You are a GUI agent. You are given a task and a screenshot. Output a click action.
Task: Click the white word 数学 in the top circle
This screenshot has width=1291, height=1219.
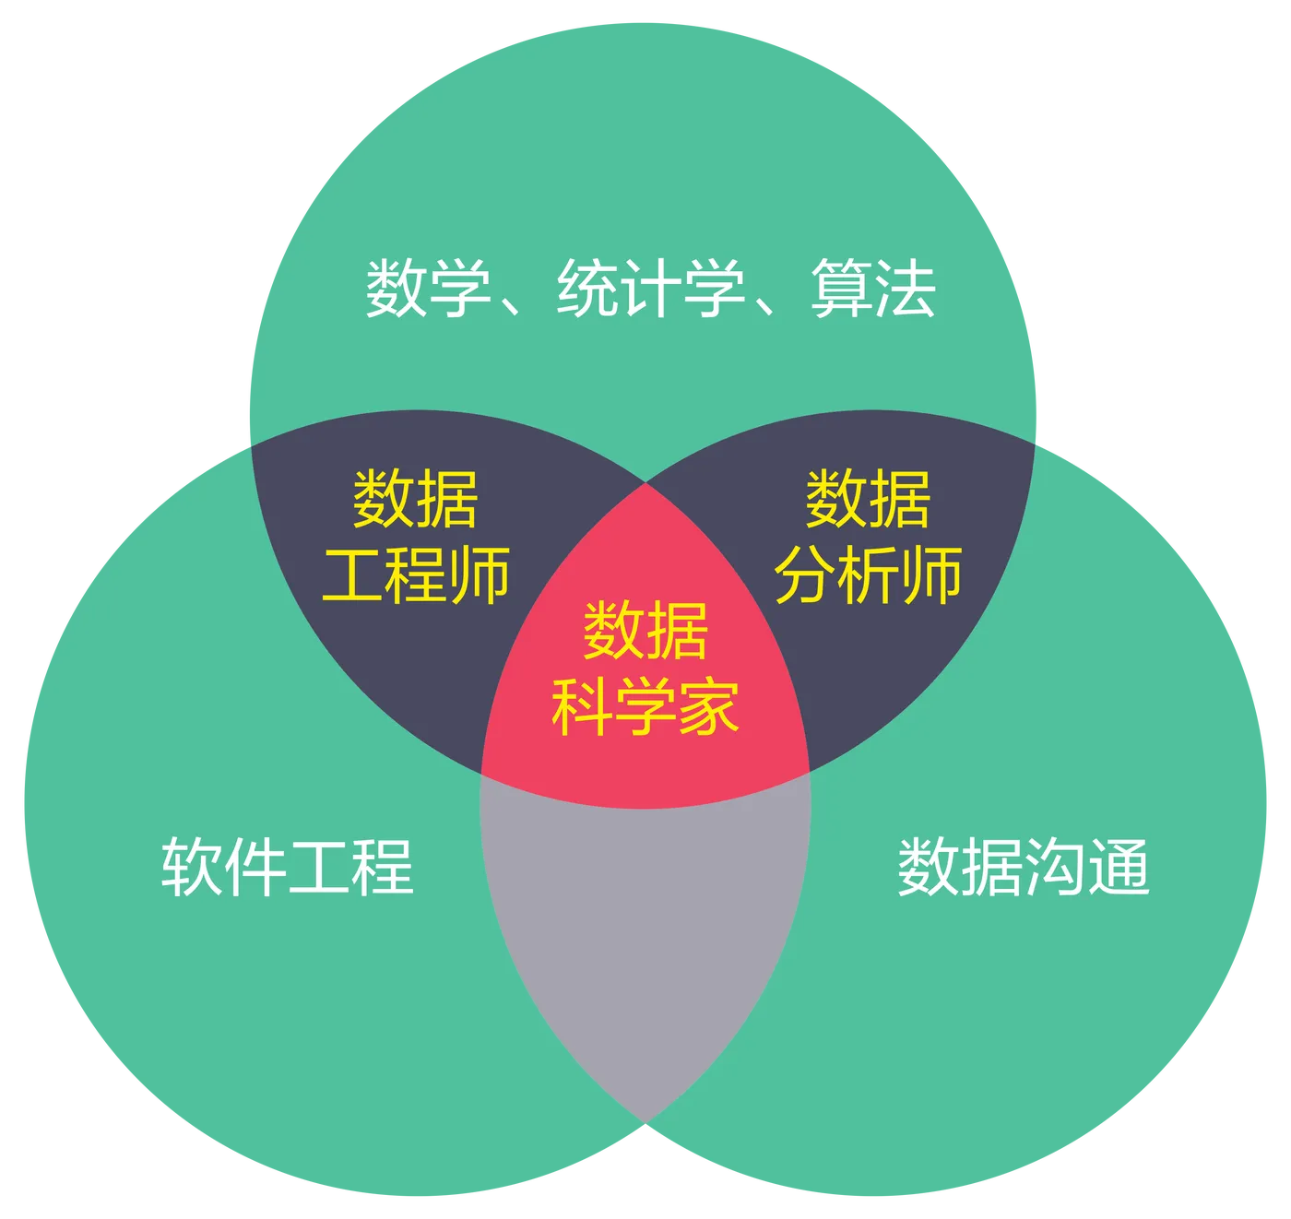coord(429,290)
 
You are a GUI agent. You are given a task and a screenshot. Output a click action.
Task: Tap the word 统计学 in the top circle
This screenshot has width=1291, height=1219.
coord(651,290)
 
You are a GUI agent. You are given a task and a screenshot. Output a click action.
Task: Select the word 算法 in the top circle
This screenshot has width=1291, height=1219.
coord(873,290)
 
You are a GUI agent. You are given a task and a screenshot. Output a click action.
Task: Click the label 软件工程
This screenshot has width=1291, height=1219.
coord(288,867)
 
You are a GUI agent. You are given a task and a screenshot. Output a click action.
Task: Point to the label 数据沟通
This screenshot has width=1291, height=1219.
coord(1024,867)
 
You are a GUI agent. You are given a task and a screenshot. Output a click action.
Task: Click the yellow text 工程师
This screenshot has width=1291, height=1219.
coord(416,575)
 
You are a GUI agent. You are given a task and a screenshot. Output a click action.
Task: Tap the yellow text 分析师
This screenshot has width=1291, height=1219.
coord(869,575)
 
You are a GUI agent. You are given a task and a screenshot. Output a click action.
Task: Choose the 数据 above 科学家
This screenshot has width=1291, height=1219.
coord(645,632)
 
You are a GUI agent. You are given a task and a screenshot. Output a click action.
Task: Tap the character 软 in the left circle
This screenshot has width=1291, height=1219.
coord(193,867)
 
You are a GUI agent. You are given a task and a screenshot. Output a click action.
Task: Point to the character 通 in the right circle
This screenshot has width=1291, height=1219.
coord(1119,867)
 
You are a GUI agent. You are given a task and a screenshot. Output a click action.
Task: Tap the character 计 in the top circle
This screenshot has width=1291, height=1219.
coord(651,290)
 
